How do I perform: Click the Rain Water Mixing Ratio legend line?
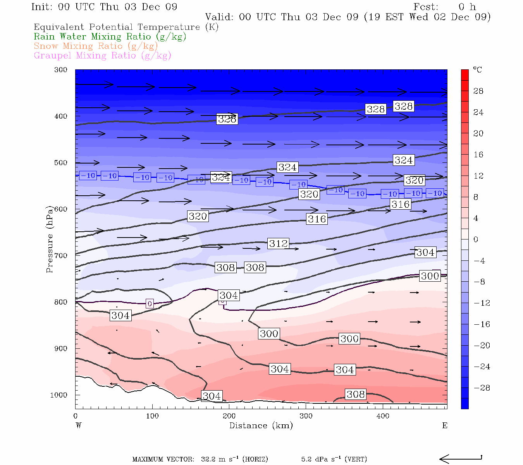coord(110,37)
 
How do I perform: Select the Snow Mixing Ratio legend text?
coord(96,46)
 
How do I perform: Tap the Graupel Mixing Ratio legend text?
coord(102,55)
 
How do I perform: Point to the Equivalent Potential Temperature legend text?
coord(126,27)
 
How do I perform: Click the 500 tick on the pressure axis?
coord(61,163)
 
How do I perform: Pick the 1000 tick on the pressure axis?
coord(59,395)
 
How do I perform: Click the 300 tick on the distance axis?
coord(306,416)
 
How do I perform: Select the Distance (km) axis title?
coord(261,425)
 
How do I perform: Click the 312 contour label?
coord(278,243)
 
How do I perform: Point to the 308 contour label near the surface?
coord(355,394)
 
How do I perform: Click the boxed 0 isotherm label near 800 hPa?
coord(150,304)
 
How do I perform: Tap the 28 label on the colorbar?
coord(478,91)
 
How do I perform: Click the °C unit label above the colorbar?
coord(477,70)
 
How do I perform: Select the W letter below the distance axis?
coord(79,425)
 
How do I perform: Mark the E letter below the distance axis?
coord(445,425)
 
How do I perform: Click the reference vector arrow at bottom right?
coord(461,459)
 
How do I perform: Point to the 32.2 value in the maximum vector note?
coord(208,460)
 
